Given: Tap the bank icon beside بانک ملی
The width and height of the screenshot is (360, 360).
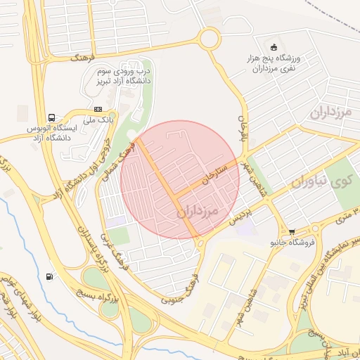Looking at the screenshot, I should point(98,109).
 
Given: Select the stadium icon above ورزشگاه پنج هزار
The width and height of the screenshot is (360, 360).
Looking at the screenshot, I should point(274,48).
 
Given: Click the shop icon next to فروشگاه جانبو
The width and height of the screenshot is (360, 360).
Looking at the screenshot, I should point(292,231).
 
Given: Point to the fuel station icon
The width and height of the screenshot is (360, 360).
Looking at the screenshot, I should point(49,277).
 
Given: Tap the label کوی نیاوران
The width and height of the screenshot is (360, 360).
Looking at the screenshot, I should point(320,181).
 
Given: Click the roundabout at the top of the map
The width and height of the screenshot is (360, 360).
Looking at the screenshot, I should point(209,38).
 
